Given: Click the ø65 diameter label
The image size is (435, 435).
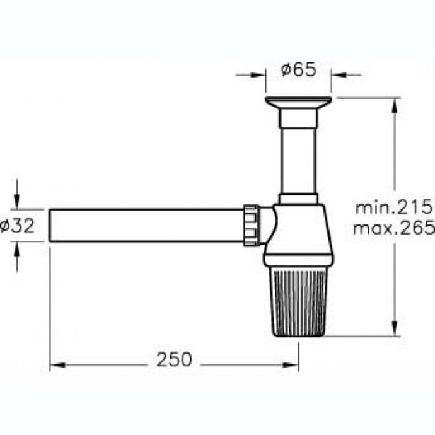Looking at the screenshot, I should [298, 71].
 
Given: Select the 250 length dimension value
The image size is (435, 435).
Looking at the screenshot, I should [173, 360].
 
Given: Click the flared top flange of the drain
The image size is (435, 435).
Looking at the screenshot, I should [298, 103].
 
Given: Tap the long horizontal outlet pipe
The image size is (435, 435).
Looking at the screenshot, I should [145, 225].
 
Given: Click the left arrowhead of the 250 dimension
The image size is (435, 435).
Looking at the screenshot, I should [55, 364].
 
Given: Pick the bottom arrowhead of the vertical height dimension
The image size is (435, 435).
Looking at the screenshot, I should [396, 330].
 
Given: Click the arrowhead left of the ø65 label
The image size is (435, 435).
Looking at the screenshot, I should [260, 75].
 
